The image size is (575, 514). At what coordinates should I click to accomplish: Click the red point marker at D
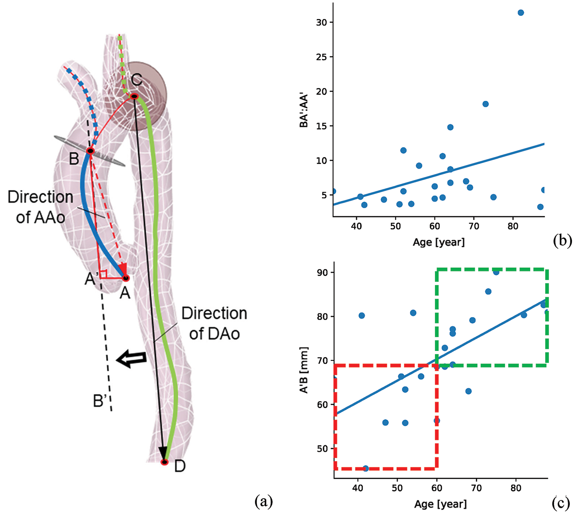165,462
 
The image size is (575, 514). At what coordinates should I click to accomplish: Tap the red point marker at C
134,96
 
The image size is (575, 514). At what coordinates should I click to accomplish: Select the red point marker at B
90,151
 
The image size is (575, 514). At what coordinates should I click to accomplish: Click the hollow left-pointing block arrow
132,359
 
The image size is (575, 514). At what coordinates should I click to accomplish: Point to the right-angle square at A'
103,274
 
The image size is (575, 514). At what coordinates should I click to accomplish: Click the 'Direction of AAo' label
41,207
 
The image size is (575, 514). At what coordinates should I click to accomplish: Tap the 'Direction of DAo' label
214,323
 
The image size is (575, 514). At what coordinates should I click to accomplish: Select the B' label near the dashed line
100,401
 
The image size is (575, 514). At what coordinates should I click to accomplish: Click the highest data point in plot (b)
521,13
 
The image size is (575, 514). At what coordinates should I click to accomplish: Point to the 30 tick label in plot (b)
322,22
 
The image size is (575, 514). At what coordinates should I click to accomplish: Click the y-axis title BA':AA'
304,110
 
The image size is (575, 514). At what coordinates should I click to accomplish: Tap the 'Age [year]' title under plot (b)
439,242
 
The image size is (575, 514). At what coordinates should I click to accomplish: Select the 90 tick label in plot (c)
322,273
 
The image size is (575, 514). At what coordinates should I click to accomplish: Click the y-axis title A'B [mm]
304,370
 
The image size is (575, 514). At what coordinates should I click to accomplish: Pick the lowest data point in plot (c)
365,468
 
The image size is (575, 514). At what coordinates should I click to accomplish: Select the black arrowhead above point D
164,452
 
